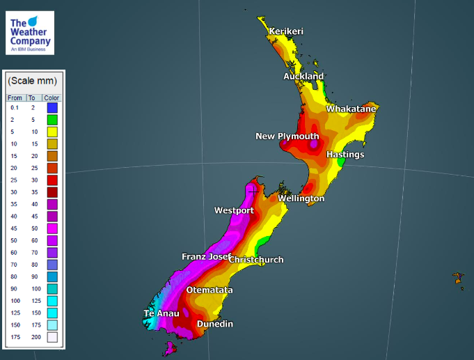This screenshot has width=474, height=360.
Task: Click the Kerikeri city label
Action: [x=287, y=31]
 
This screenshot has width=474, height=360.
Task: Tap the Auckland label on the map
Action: [x=303, y=76]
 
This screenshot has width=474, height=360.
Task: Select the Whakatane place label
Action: [x=351, y=109]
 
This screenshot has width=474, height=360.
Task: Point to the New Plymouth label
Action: [x=287, y=136]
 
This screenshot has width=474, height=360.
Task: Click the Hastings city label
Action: [x=345, y=154]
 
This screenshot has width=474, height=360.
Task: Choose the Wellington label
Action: [x=301, y=198]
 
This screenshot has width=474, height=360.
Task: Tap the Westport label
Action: [x=235, y=210]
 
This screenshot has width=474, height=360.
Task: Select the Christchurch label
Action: [x=257, y=260]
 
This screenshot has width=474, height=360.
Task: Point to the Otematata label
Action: [x=210, y=290]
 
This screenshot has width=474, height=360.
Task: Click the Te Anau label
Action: [x=161, y=313]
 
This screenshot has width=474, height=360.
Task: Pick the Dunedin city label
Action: [x=215, y=324]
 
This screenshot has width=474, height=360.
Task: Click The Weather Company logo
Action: [x=29, y=33]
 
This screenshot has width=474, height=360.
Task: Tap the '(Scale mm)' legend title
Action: [x=32, y=81]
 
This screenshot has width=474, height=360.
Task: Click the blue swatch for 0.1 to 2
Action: [x=52, y=108]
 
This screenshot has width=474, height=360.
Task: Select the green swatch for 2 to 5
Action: [x=52, y=120]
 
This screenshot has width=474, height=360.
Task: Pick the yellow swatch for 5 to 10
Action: [x=52, y=131]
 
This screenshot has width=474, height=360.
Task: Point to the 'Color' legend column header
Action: [x=52, y=97]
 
